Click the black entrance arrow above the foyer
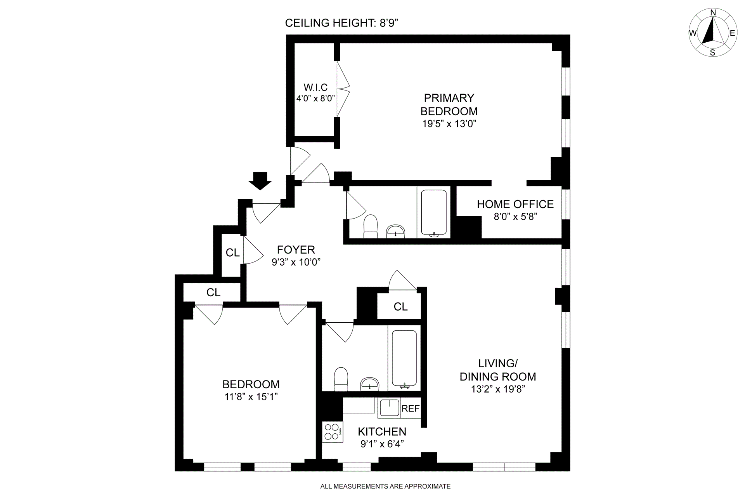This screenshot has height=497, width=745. tap(260, 181)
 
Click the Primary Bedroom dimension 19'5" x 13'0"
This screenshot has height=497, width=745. tap(449, 124)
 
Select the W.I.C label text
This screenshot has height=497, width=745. tap(315, 87)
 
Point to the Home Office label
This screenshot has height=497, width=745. tap(515, 204)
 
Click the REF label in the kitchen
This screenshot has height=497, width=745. tap(411, 408)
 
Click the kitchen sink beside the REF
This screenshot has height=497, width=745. tap(389, 408)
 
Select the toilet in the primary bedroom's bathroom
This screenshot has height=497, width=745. tap(371, 226)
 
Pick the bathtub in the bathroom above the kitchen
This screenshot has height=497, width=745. tap(404, 358)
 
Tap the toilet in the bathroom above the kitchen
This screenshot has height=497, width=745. tap(341, 379)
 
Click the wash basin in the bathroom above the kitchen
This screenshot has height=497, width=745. tap(370, 384)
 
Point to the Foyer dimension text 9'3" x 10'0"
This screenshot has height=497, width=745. tap(296, 262)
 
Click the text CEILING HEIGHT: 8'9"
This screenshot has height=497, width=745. tap(342, 23)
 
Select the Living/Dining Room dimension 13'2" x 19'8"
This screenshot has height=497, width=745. tap(498, 389)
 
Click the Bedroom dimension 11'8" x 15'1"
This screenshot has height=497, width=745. tap(251, 397)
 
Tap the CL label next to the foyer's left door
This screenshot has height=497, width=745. tap(232, 253)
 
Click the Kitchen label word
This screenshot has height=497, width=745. tap(382, 431)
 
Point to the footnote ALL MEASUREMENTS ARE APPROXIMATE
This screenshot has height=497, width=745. tap(385, 486)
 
